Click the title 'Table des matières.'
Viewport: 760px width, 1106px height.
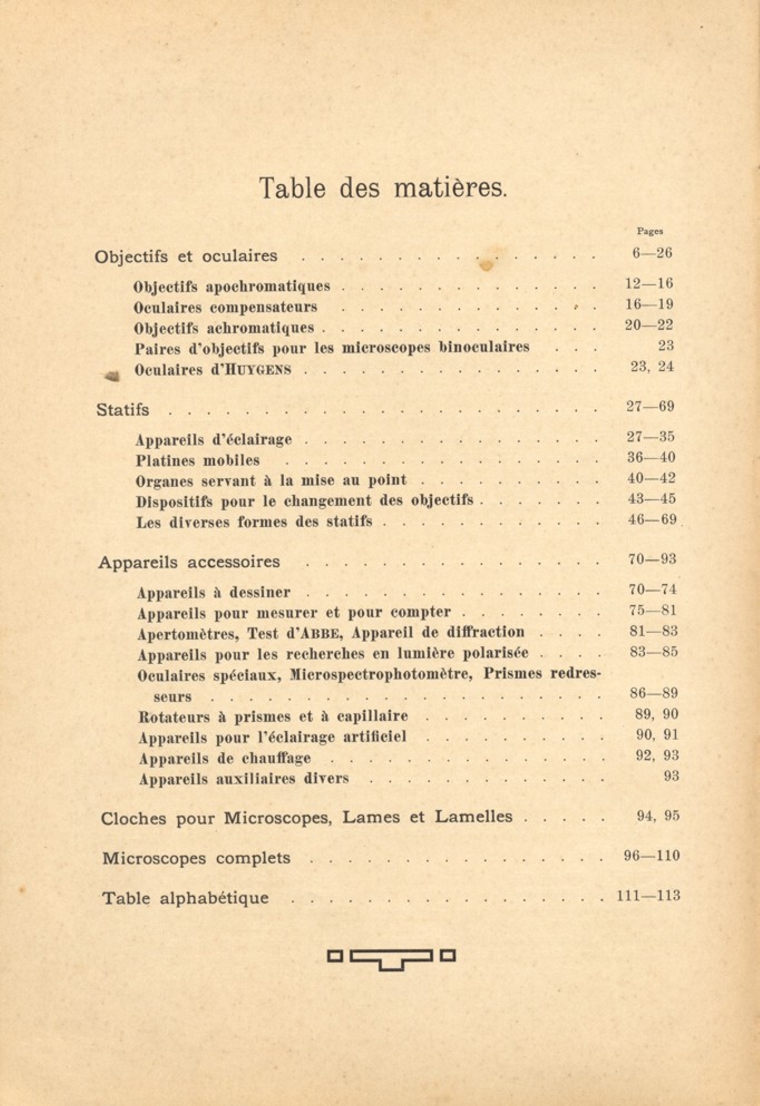pos(383,188)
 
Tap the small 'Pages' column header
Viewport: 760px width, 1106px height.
pos(650,231)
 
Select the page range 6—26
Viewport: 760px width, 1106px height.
pos(651,253)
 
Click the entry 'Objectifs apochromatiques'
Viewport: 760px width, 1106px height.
pos(232,286)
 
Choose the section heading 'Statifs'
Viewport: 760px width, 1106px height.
pos(123,410)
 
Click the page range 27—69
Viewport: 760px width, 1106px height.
pos(650,407)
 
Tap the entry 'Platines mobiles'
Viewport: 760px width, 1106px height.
pos(198,461)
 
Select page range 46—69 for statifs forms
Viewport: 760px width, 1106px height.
pos(651,520)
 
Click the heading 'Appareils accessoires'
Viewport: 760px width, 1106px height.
pos(189,562)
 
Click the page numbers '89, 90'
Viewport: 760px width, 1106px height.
pos(656,715)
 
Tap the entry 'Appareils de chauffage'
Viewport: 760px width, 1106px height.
pos(225,758)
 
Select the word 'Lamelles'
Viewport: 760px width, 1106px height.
pos(473,817)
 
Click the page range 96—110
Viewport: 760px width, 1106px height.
pos(651,856)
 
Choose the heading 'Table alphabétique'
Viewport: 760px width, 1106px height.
pos(186,898)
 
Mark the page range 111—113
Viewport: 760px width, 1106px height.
pos(649,896)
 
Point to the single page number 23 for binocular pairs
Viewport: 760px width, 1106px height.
pos(666,346)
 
